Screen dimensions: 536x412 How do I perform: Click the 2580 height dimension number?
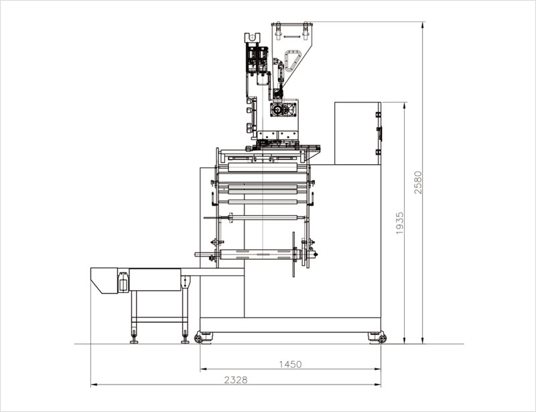[417, 183]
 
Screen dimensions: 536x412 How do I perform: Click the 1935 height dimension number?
[399, 223]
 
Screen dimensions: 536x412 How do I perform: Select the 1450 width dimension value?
[290, 364]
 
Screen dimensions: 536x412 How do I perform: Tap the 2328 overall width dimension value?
[236, 380]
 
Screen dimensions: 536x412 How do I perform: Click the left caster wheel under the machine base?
[198, 338]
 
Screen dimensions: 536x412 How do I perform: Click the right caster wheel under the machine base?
[382, 338]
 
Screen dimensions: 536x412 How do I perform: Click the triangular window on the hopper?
[292, 60]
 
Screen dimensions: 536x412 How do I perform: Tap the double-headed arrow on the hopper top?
[291, 36]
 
